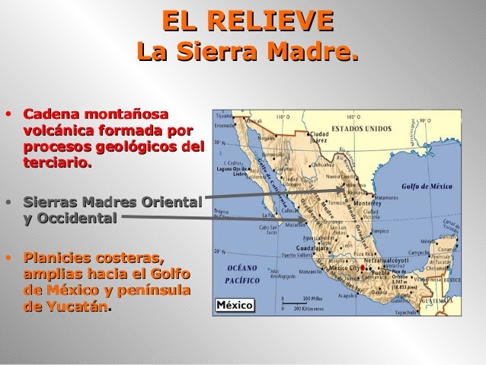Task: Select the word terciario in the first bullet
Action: point(57,162)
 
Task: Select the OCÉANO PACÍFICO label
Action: point(245,274)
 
